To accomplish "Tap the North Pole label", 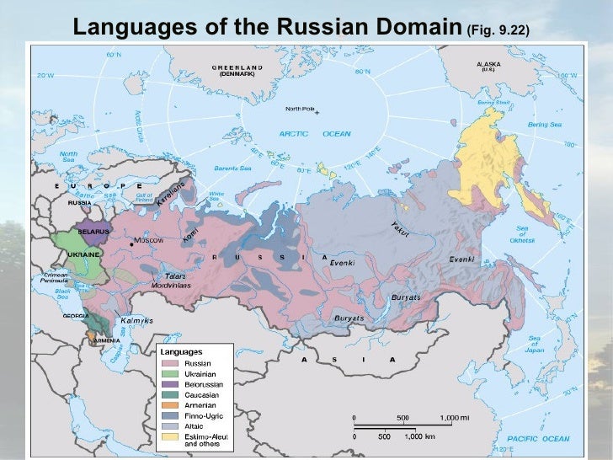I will pyautogui.click(x=299, y=109).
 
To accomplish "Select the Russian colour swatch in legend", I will pyautogui.click(x=169, y=363).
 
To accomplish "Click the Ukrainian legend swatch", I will pyautogui.click(x=169, y=373).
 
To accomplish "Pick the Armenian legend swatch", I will pyautogui.click(x=169, y=404).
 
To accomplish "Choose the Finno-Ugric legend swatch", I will pyautogui.click(x=169, y=415).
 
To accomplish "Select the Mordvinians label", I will pyautogui.click(x=171, y=286).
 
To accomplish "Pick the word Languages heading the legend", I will pyautogui.click(x=181, y=350).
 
